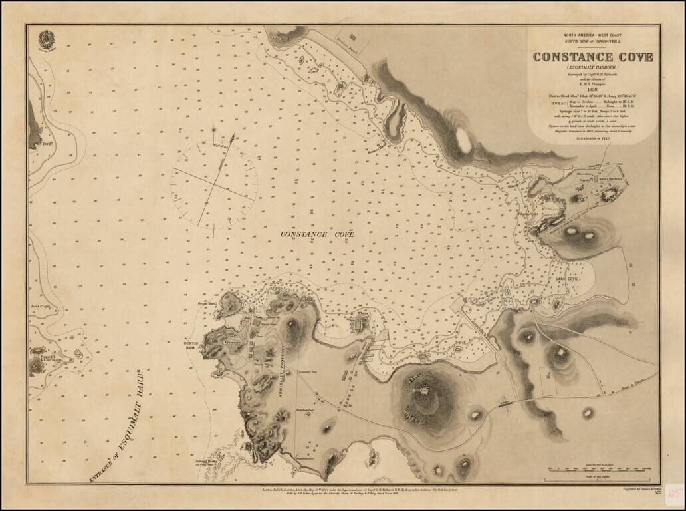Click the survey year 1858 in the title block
pos(593,88)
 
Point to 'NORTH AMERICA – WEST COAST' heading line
pos(593,35)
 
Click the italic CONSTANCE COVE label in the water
pos(317,234)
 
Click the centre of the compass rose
pos(214,181)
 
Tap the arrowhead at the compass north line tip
pos(214,128)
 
